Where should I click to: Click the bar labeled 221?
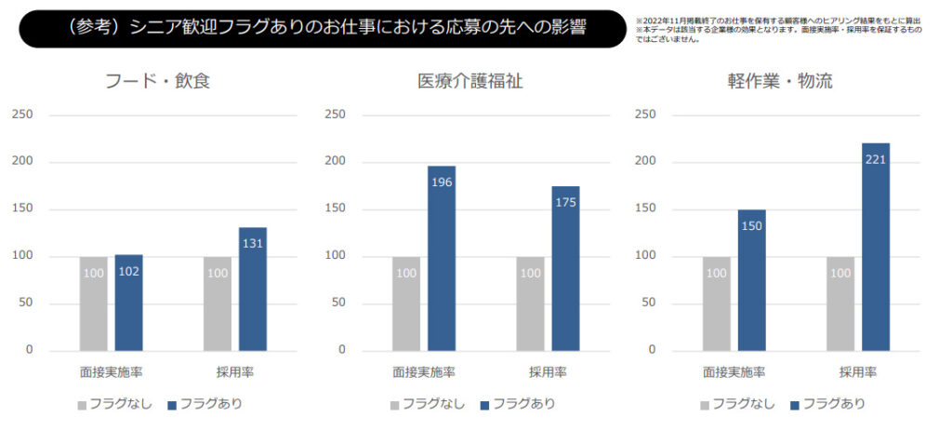(875, 247)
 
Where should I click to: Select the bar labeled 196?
(442, 258)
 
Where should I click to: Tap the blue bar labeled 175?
(565, 268)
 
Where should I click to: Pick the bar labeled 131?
(252, 289)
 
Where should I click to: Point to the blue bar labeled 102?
(128, 303)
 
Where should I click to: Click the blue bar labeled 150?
(751, 279)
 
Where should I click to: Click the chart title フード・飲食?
(159, 81)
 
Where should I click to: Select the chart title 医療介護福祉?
(470, 81)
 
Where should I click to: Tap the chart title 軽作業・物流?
(780, 81)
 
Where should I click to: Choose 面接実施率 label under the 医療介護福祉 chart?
(423, 372)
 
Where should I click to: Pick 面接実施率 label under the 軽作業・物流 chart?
(734, 372)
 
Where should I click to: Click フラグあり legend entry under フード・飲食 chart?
(205, 404)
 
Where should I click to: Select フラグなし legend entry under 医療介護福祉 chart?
(428, 404)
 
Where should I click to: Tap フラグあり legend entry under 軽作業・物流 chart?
(826, 404)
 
